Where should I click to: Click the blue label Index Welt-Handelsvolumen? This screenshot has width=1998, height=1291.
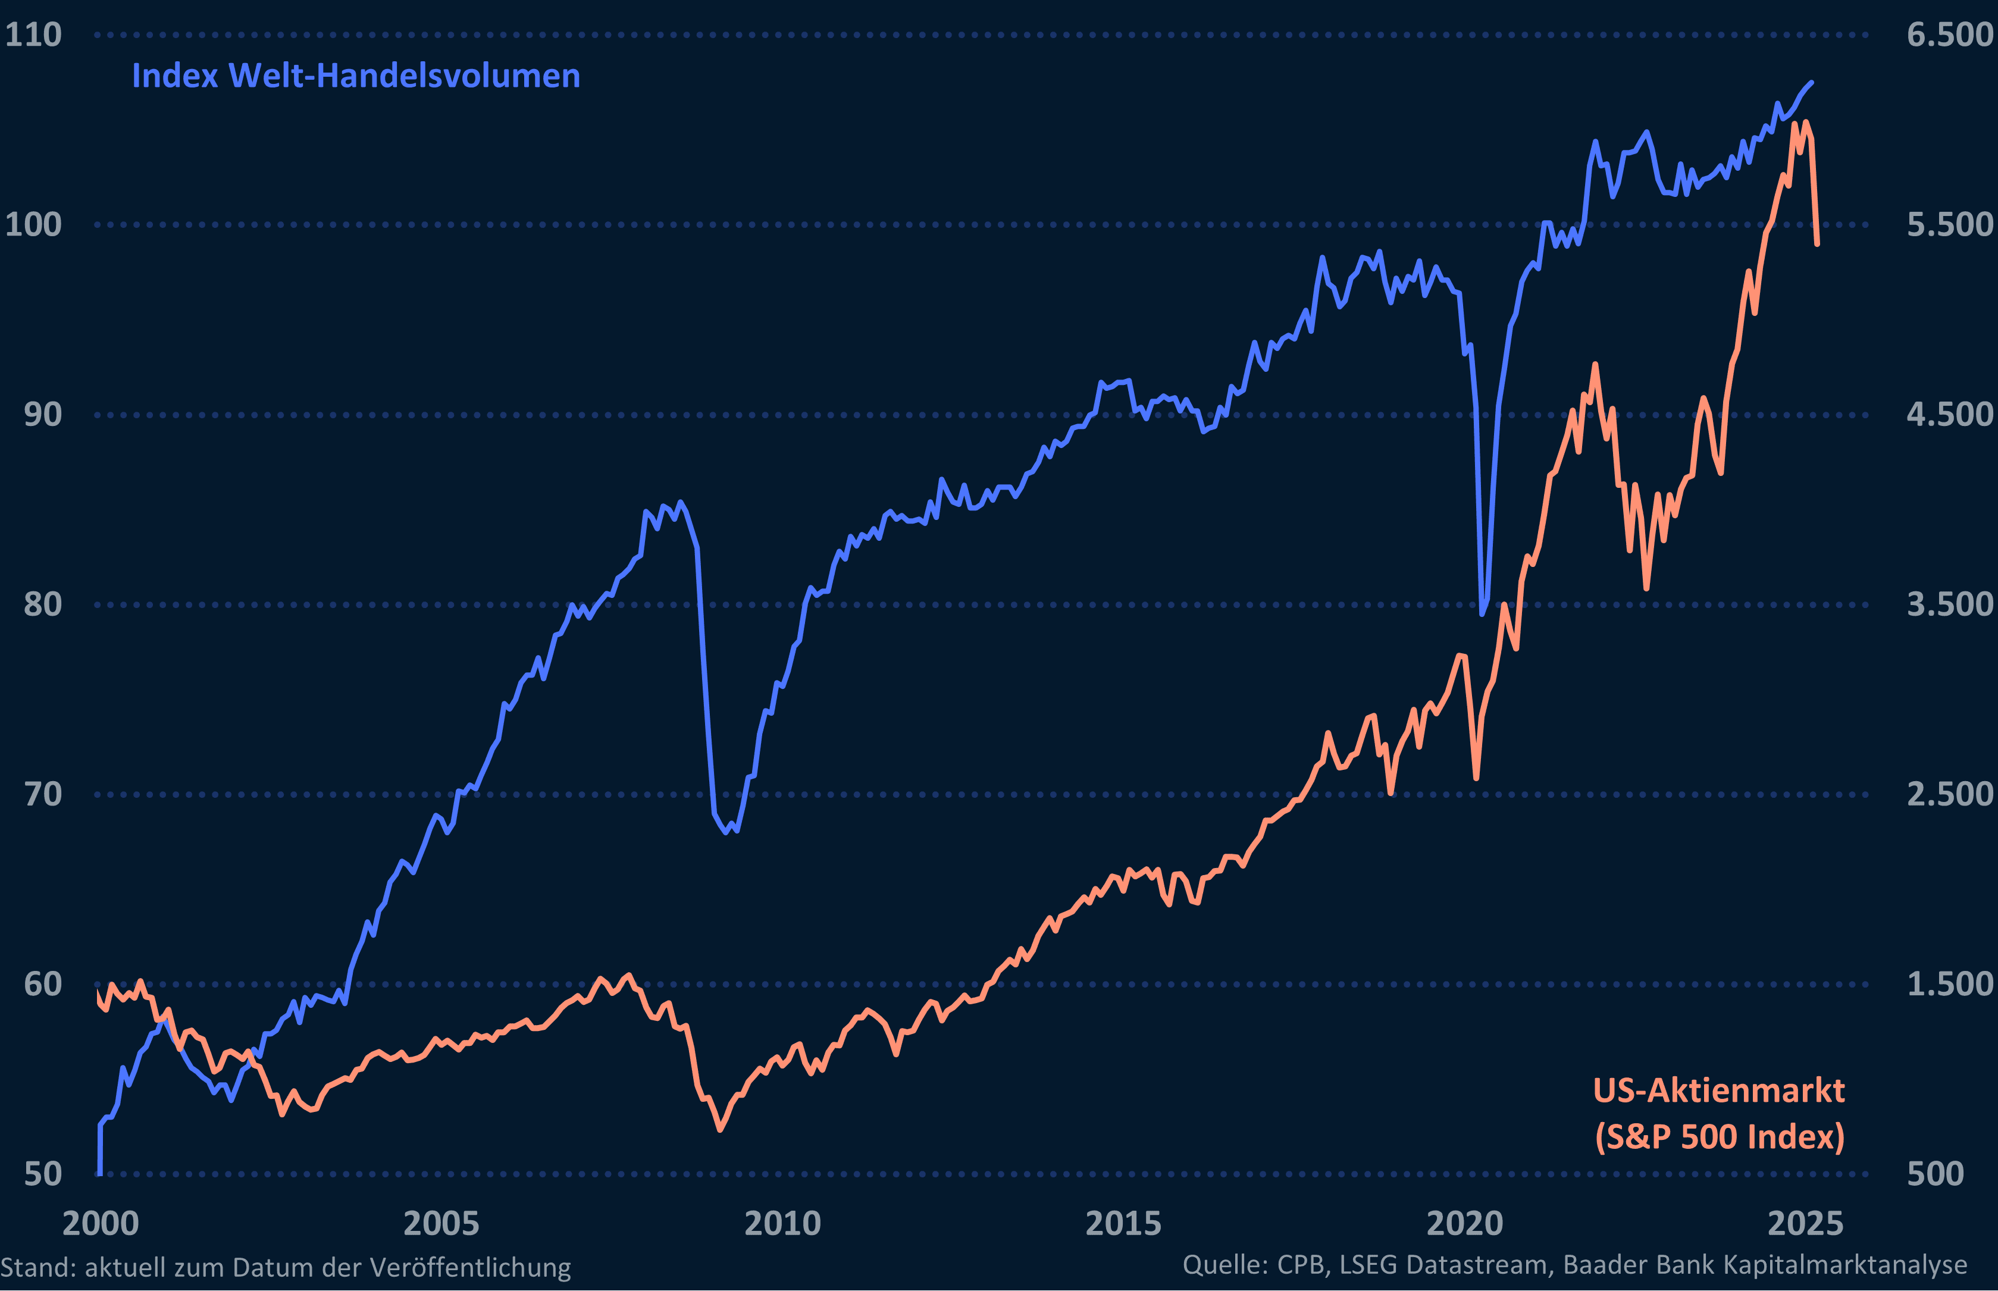tap(355, 76)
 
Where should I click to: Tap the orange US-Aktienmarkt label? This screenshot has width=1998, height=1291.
tap(1719, 1091)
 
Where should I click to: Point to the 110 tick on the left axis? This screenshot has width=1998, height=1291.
tap(33, 35)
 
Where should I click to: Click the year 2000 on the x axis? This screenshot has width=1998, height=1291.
tap(101, 1224)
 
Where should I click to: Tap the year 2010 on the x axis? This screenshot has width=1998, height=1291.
tap(782, 1224)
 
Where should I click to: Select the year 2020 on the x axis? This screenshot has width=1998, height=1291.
tap(1465, 1224)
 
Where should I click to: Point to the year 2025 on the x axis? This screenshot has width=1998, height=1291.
tap(1805, 1224)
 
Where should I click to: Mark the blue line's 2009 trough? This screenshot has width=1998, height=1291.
tap(726, 832)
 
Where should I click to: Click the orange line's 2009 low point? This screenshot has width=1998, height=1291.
tap(720, 1130)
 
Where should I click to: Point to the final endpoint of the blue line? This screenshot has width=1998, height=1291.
tap(1812, 82)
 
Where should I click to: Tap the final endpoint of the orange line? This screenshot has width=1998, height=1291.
tap(1817, 244)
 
